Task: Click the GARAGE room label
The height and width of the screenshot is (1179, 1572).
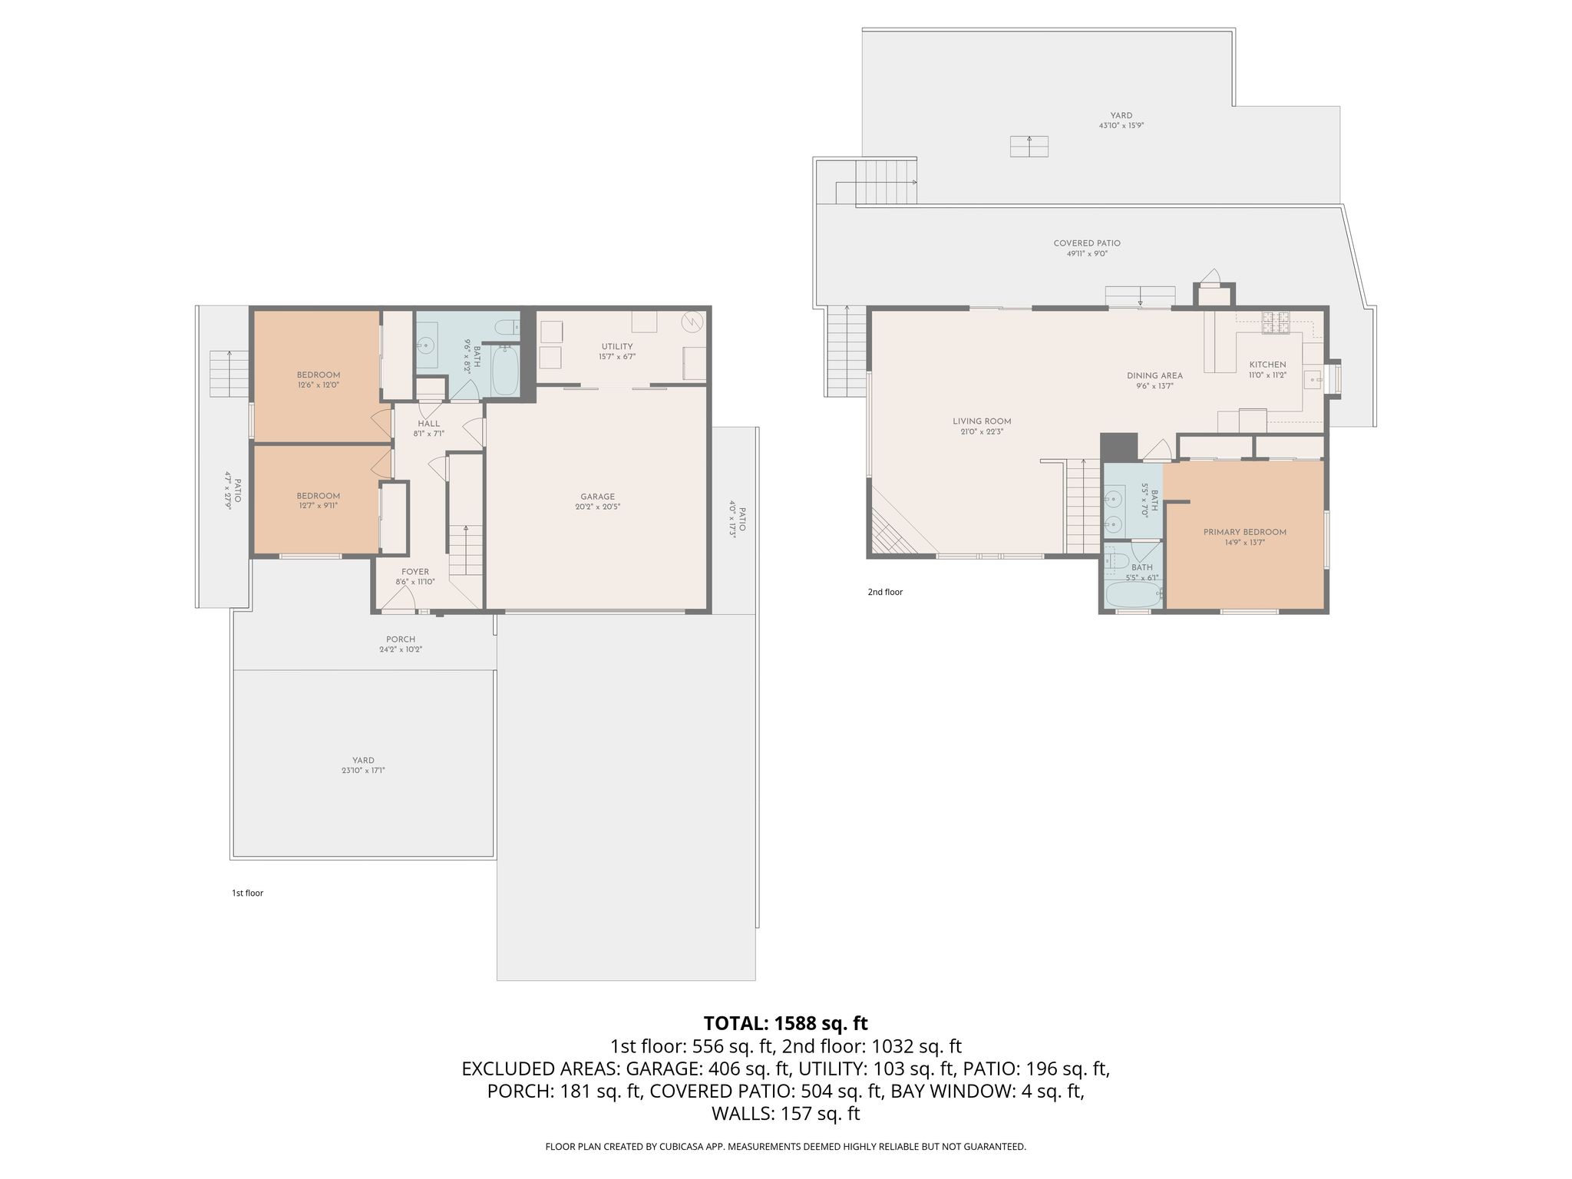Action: [x=598, y=497]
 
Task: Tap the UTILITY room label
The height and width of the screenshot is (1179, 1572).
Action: [x=617, y=346]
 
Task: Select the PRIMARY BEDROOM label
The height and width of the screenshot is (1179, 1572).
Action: [x=1245, y=532]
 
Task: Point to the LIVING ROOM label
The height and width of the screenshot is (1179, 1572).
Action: [x=982, y=421]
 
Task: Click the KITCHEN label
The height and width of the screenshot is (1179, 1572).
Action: [x=1267, y=365]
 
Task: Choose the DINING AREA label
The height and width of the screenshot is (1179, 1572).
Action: [x=1154, y=375]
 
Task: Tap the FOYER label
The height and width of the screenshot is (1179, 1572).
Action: [x=415, y=572]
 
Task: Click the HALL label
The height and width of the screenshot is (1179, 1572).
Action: [x=429, y=424]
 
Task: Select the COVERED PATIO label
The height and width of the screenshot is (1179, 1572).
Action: [x=1087, y=243]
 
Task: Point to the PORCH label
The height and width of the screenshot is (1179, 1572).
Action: [x=401, y=639]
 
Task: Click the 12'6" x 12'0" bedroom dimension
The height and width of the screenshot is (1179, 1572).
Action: [x=319, y=385]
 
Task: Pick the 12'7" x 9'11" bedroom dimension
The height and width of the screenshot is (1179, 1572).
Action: [x=319, y=505]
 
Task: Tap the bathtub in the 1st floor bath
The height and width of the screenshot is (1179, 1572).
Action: [x=505, y=371]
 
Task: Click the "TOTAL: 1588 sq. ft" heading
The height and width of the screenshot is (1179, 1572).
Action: [x=786, y=1023]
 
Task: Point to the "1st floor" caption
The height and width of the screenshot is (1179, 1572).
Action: [x=247, y=893]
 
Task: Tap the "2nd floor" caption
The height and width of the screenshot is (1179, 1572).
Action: [x=885, y=592]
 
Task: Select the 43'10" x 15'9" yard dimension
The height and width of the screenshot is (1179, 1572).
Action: [x=1121, y=125]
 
